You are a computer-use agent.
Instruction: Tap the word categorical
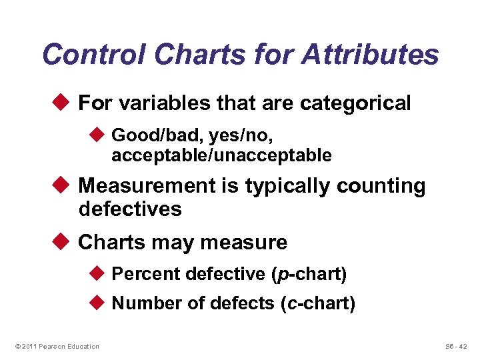pos(355,103)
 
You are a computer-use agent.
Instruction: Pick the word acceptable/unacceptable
pos(221,156)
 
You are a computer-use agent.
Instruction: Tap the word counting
pos(381,186)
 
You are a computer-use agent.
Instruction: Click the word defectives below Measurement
pos(130,209)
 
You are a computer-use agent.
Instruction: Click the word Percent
pos(146,274)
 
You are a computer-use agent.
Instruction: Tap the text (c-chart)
pos(318,304)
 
